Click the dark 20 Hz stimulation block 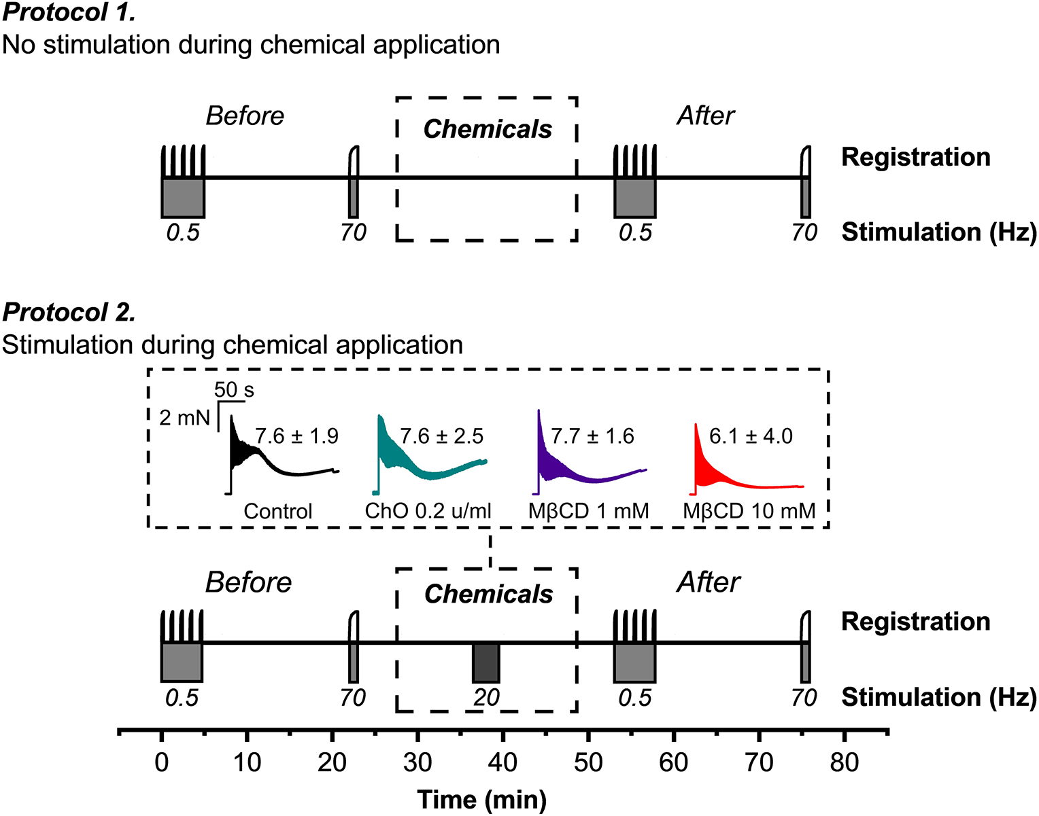[x=486, y=662]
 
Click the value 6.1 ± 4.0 [x=751, y=436]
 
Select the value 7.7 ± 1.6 [x=592, y=436]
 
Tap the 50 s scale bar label [x=234, y=389]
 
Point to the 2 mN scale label [x=184, y=417]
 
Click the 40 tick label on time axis [x=503, y=762]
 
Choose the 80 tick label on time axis [x=844, y=762]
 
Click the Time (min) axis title [x=481, y=800]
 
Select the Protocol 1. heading [x=69, y=12]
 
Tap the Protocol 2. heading [x=69, y=312]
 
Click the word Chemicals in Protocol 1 [x=488, y=129]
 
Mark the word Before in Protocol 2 [x=248, y=583]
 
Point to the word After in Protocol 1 [x=705, y=116]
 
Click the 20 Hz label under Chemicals [x=486, y=698]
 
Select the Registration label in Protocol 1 [x=915, y=157]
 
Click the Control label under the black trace [x=278, y=511]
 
